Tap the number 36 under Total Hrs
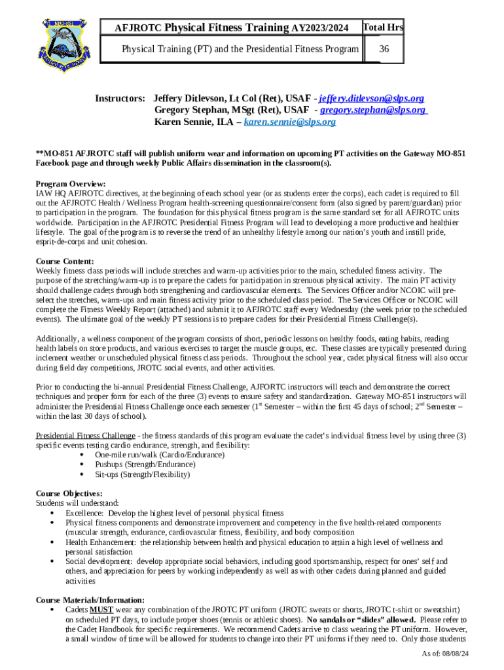(383, 49)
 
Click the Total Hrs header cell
(383, 27)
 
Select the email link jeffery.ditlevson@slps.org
(371, 98)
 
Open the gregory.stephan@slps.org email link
(374, 110)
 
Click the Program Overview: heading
(71, 184)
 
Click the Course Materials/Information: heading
(90, 600)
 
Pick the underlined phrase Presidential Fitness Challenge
(85, 436)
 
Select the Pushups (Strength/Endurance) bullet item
(146, 465)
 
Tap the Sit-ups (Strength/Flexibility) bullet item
(142, 474)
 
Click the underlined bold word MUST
(101, 610)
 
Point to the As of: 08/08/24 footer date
(446, 654)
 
